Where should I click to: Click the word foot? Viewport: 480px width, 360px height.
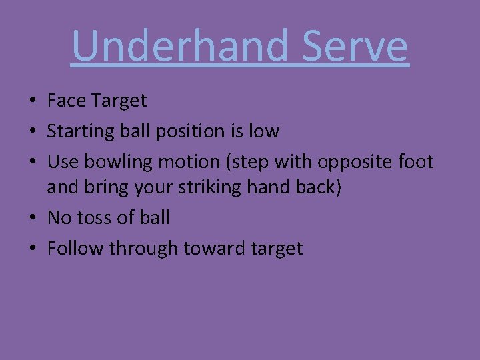tap(417, 162)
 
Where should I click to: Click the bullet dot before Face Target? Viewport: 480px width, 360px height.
tap(32, 102)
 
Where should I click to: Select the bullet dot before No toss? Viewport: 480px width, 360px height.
tap(32, 219)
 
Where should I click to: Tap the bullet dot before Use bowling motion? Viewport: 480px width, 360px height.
tap(32, 163)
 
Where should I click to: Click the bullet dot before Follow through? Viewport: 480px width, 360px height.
tap(32, 249)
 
